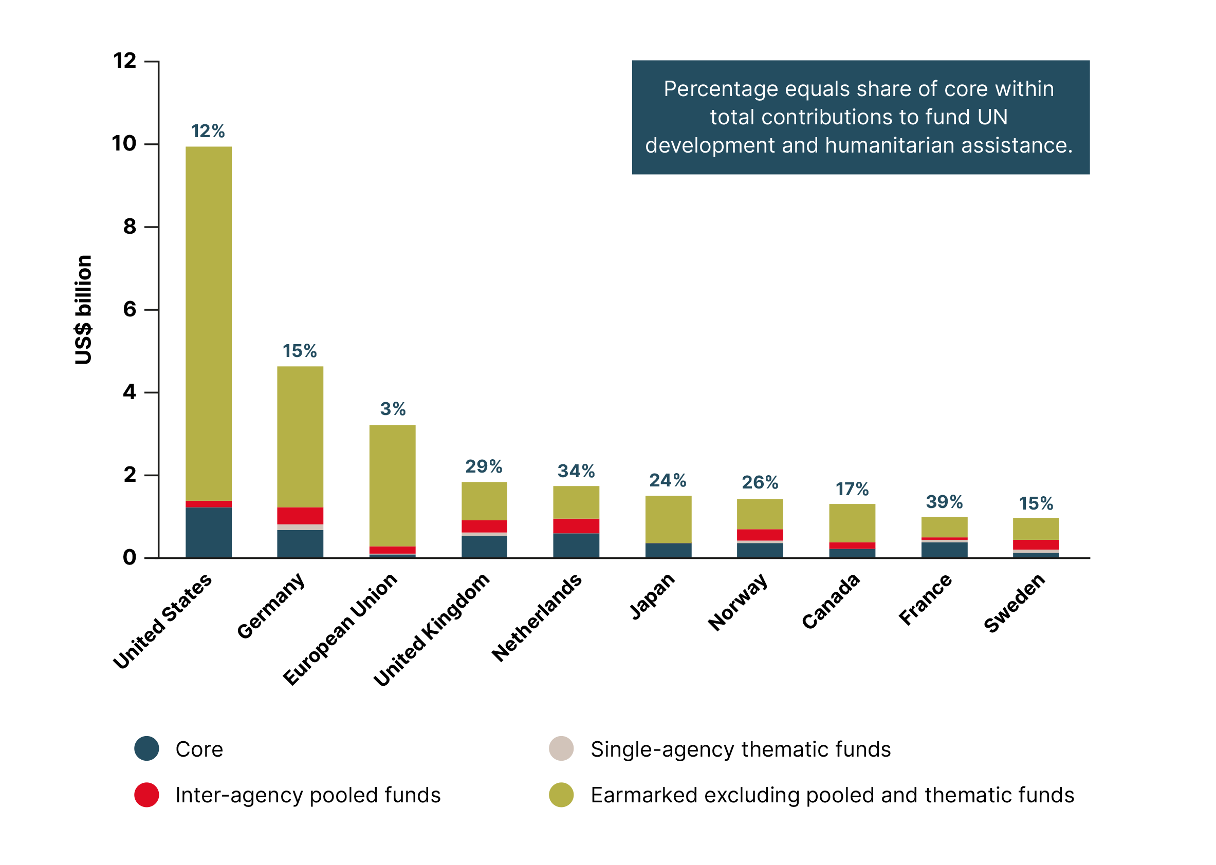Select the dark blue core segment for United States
[x=208, y=532]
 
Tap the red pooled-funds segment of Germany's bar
[x=300, y=516]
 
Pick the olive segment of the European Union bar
[x=392, y=485]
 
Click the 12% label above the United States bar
[x=208, y=131]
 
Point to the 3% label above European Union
[x=393, y=409]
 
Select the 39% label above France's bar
[x=944, y=502]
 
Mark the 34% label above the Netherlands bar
[x=576, y=471]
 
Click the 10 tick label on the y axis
[x=124, y=144]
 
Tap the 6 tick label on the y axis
[x=130, y=309]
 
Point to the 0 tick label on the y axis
[x=130, y=558]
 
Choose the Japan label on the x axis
[x=652, y=596]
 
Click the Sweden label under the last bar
[x=1014, y=603]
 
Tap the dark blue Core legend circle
[x=146, y=748]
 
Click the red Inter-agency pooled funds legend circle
[x=146, y=795]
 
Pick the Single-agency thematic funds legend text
[x=740, y=749]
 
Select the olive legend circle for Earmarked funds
[x=561, y=795]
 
